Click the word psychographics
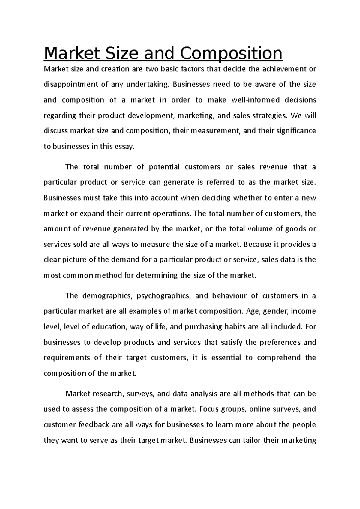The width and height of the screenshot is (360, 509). [x=163, y=296]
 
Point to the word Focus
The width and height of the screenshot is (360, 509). [x=207, y=409]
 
